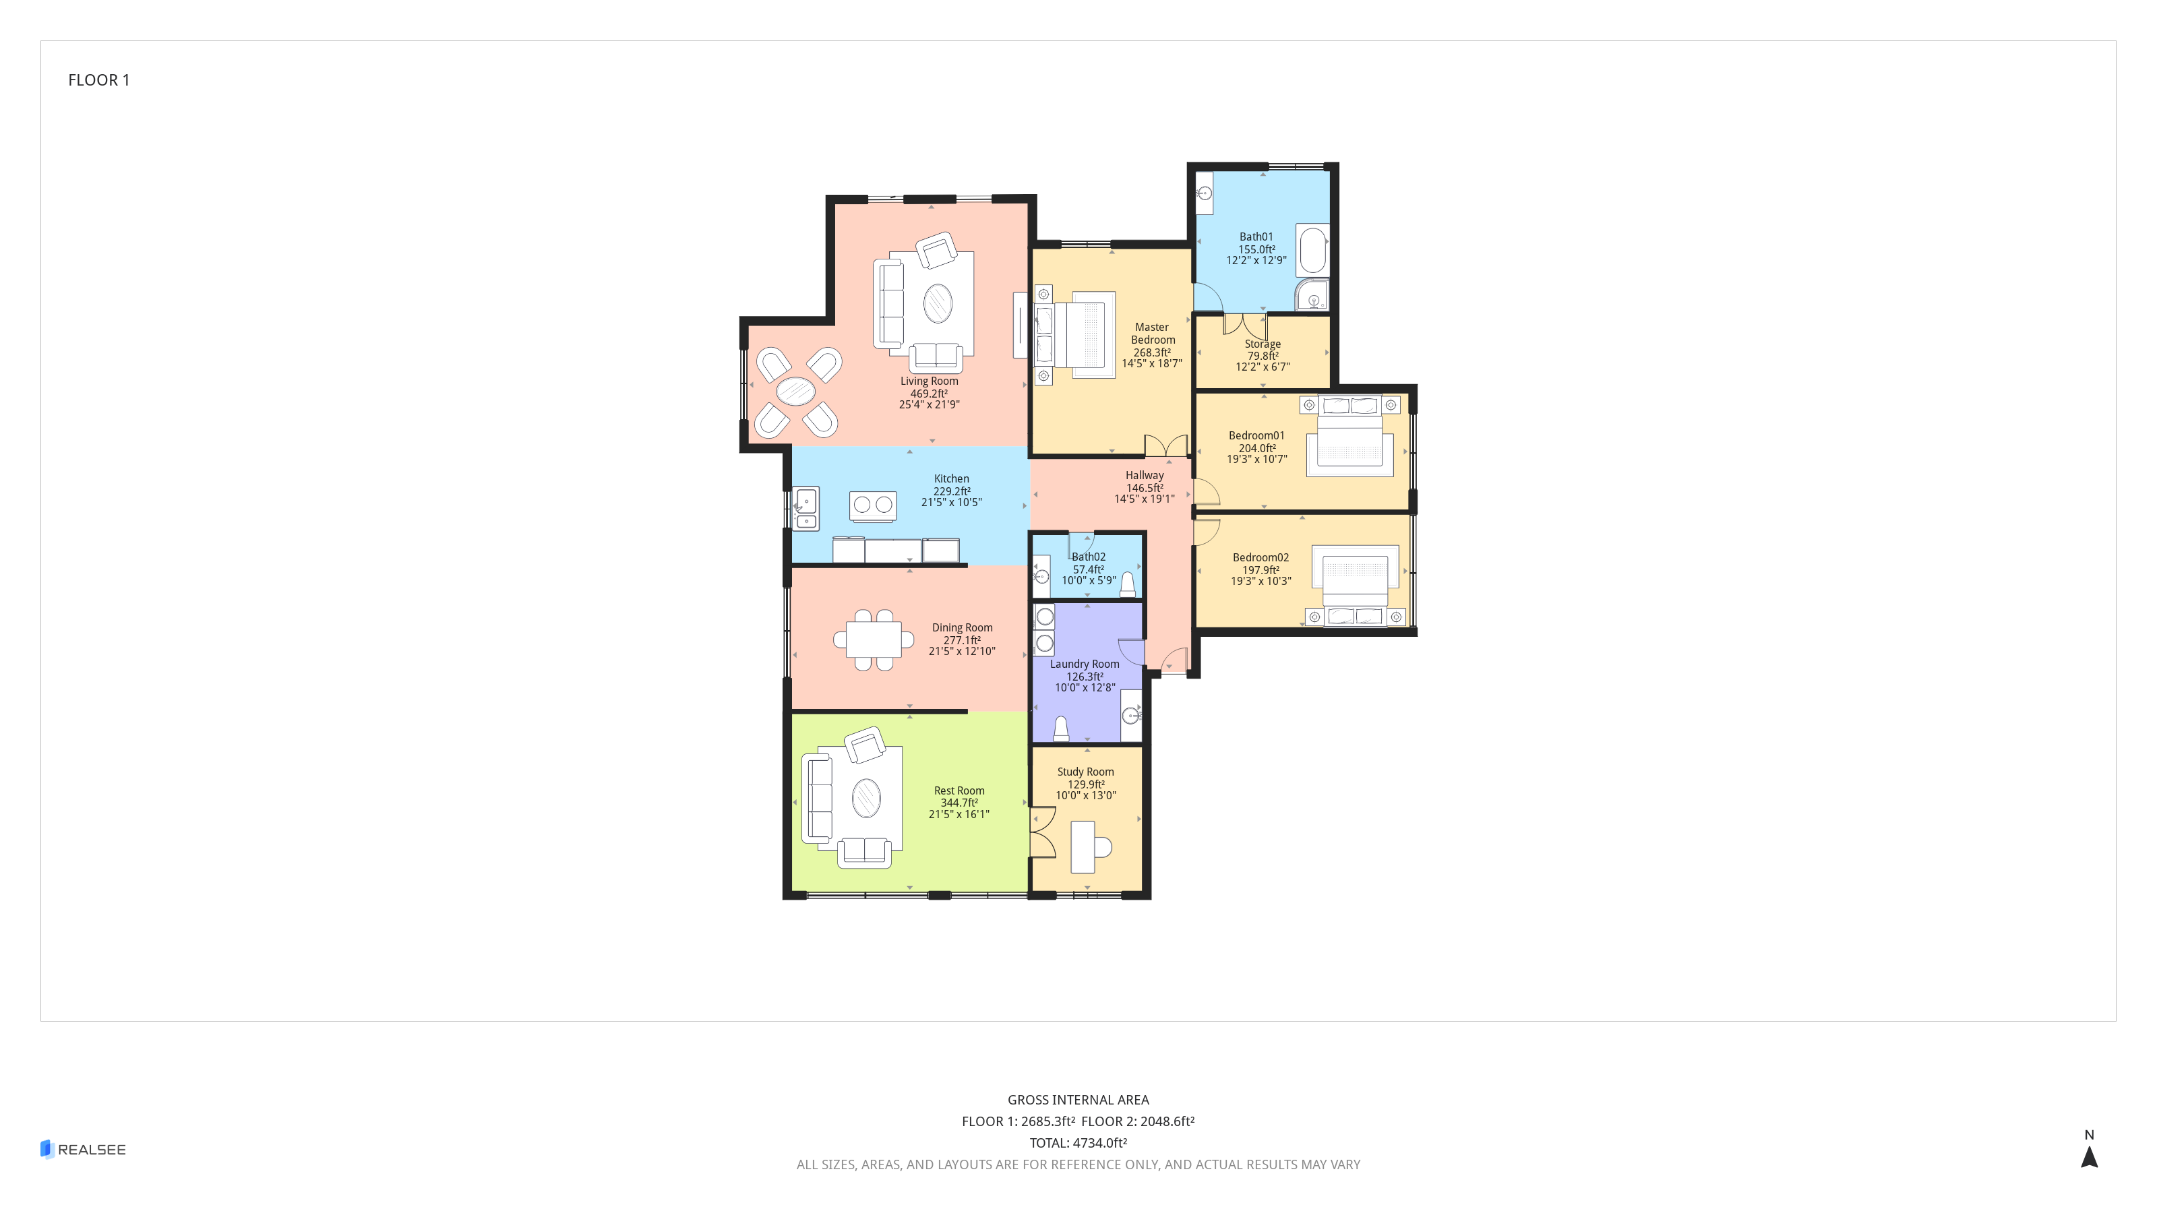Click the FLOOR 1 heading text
pos(99,80)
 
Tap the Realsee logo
pos(83,1150)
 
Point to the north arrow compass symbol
pos(2089,1156)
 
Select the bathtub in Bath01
pos(1312,250)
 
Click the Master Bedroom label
pos(1152,333)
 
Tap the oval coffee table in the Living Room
pos(937,303)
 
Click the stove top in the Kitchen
pos(872,505)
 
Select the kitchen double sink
pos(806,509)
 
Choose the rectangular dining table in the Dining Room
pos(874,640)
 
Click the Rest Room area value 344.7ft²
pos(959,803)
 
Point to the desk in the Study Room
pos(1083,847)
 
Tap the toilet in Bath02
pos(1128,584)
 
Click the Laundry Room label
pos(1085,664)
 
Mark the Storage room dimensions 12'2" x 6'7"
pos(1263,367)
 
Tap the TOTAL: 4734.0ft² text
pos(1078,1143)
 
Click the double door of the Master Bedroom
pos(1165,445)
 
